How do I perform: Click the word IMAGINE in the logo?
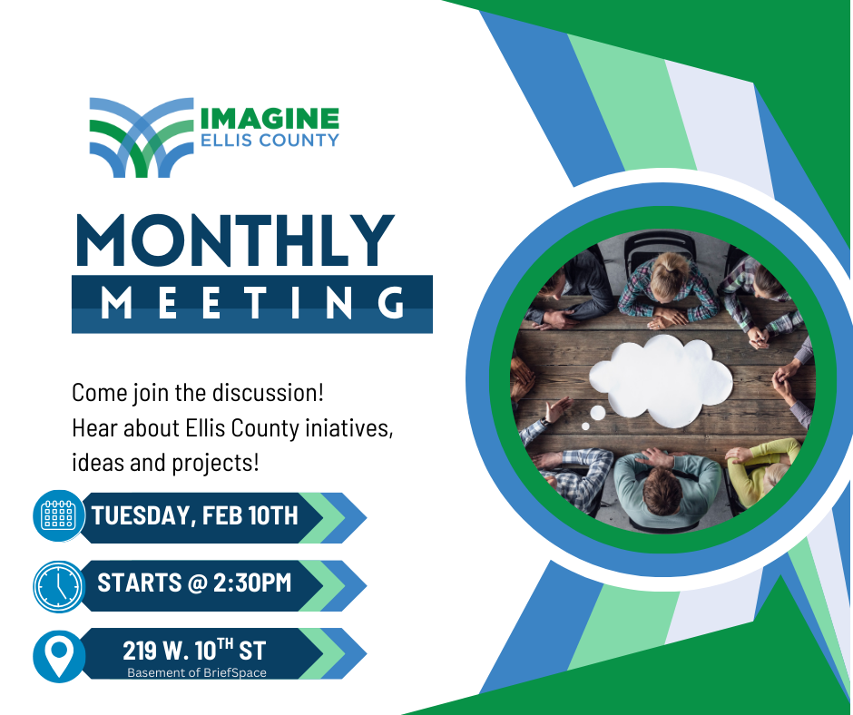(x=270, y=119)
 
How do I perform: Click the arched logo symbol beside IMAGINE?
(x=142, y=138)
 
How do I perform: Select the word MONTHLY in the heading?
(x=235, y=240)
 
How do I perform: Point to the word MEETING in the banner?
(x=252, y=303)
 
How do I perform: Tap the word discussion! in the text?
(x=268, y=393)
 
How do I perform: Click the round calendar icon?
(x=59, y=515)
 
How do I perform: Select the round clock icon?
(x=59, y=586)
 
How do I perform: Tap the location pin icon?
(x=59, y=655)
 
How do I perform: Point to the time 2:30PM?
(x=252, y=583)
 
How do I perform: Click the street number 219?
(x=136, y=651)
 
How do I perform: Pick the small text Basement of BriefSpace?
(x=197, y=672)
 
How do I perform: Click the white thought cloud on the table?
(x=661, y=381)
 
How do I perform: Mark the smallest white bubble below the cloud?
(x=585, y=426)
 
